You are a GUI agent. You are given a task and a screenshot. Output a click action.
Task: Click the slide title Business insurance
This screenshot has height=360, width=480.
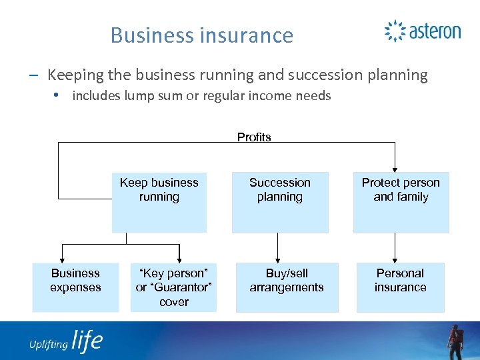tap(202, 35)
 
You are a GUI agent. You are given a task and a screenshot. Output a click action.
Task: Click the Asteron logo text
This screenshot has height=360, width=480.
tap(434, 31)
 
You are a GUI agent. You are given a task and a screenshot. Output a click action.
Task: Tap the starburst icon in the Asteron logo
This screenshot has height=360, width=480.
tap(395, 31)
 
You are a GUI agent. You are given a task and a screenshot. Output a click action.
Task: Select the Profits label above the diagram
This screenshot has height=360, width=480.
tap(254, 137)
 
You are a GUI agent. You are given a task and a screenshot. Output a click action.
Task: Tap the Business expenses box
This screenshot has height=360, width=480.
tap(75, 287)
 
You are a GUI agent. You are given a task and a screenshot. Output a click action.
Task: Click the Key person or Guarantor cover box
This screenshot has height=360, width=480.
tap(173, 287)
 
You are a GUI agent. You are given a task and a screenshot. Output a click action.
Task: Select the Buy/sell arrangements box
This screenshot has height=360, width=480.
tap(287, 287)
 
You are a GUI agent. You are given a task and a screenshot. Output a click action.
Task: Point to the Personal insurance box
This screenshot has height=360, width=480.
tap(400, 287)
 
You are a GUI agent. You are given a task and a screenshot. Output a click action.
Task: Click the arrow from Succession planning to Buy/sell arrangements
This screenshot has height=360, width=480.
tap(278, 247)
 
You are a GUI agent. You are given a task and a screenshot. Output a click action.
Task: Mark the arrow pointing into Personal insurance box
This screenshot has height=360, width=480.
tap(395, 247)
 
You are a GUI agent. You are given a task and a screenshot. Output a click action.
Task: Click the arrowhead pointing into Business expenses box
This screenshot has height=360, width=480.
tap(62, 259)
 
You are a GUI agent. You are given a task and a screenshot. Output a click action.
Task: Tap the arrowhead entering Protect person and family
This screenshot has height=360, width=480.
tap(395, 169)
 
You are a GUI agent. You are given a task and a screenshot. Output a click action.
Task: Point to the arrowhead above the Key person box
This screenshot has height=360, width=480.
tap(179, 259)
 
